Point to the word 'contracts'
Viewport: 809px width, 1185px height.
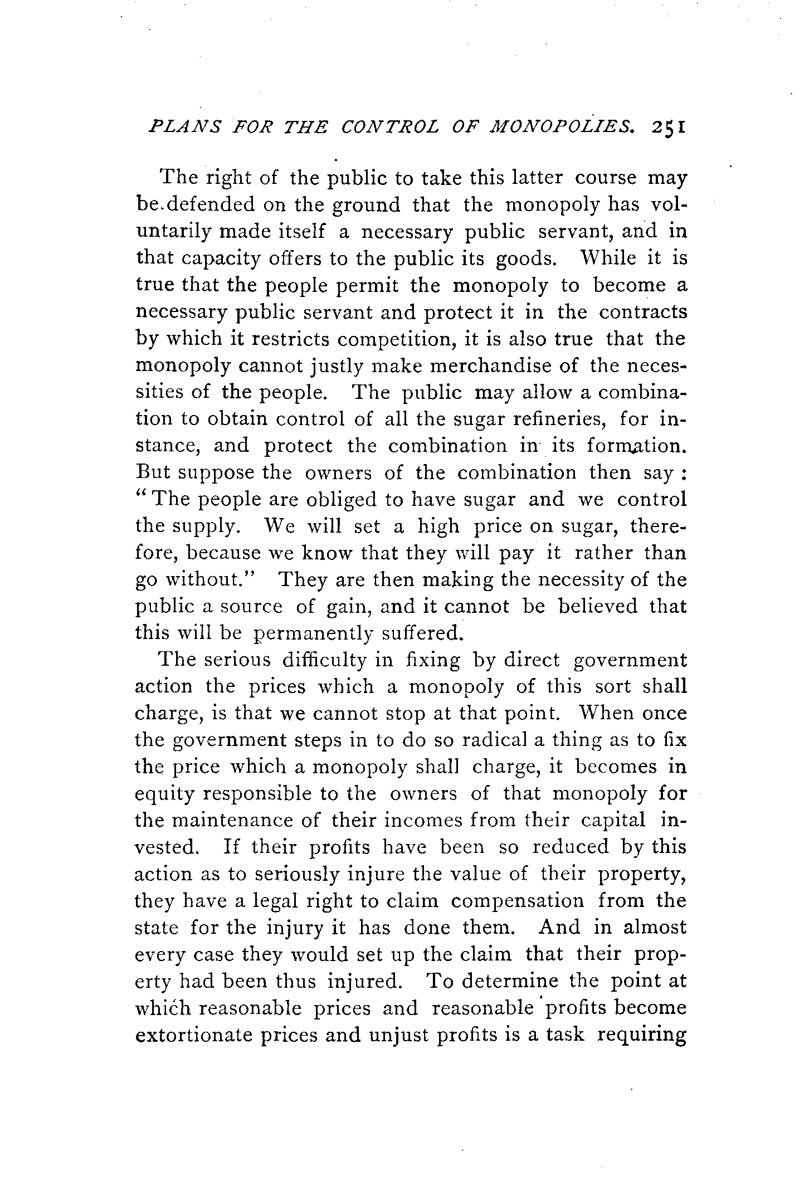point(643,312)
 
